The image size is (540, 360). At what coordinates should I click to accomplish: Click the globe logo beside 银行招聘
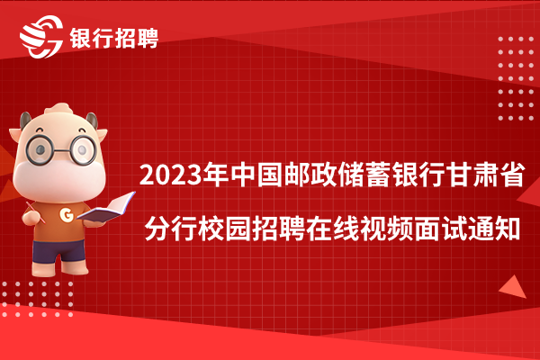(41, 37)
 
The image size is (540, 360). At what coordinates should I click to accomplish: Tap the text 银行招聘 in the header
(114, 38)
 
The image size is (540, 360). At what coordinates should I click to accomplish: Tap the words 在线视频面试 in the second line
(386, 229)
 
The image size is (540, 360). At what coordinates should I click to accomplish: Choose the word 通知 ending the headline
(493, 229)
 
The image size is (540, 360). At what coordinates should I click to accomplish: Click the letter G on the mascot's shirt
(67, 215)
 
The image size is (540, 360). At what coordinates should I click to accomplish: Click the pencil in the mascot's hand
(35, 212)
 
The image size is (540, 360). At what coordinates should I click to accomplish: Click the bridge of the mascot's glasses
(61, 150)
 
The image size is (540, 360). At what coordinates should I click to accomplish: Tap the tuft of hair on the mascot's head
(59, 109)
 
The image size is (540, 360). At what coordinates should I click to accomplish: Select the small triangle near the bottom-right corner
(514, 288)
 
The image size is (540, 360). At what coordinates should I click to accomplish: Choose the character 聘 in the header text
(148, 38)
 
